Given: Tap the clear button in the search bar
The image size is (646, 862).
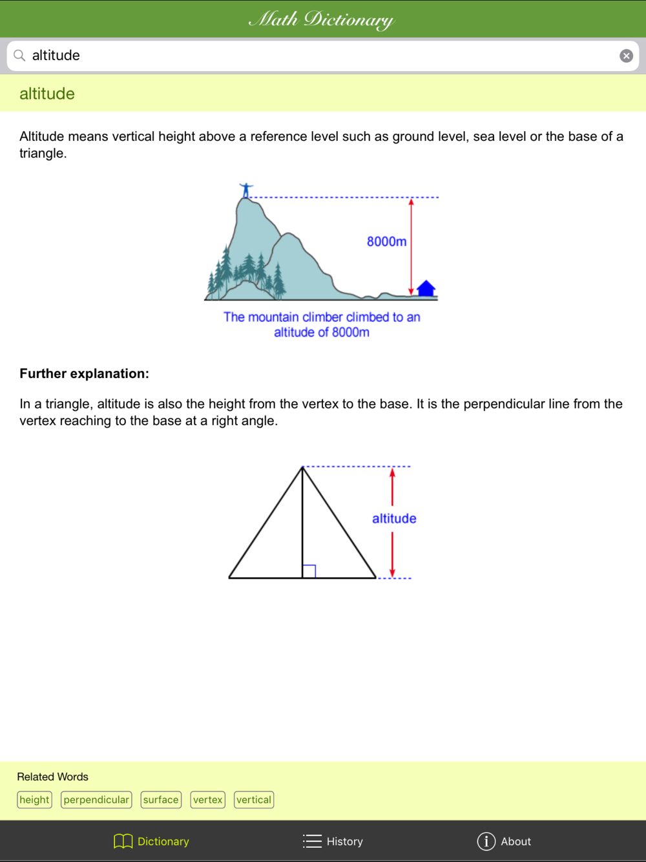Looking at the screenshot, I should [626, 56].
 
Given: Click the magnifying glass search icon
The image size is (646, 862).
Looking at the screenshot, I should [20, 56].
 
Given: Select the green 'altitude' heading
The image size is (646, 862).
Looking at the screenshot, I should [47, 94].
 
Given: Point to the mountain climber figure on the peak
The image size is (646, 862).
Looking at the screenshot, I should [245, 190].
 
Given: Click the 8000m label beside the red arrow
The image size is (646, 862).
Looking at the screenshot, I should [386, 242].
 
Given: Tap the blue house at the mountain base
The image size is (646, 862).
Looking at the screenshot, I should [426, 288].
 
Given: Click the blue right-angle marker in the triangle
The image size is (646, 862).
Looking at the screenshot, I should [309, 571].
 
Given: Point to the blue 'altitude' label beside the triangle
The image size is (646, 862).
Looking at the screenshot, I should [394, 518].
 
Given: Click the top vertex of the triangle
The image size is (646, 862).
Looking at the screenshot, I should [302, 467].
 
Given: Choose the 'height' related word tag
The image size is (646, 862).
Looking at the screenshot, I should [34, 800].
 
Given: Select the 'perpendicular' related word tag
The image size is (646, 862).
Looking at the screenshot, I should [96, 800].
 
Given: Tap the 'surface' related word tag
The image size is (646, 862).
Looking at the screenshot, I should [161, 800].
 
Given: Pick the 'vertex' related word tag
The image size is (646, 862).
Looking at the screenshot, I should [208, 800].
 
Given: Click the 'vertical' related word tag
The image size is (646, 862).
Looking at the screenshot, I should [254, 800].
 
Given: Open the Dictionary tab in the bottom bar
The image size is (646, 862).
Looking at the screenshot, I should [152, 841].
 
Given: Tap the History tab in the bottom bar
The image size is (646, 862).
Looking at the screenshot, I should [333, 841].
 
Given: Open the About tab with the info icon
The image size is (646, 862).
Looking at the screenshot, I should [504, 841].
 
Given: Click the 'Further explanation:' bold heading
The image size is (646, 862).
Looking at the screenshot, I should [84, 373].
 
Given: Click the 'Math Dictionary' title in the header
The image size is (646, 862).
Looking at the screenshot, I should [322, 19].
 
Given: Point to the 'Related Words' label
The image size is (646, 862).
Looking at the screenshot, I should [52, 777].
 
